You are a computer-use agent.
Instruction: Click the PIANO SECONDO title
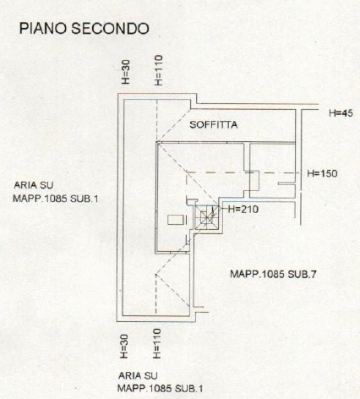[84, 29]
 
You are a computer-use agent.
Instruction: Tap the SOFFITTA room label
[213, 124]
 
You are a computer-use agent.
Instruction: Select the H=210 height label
[243, 209]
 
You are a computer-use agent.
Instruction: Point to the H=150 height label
[322, 173]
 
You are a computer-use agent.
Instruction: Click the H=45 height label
[341, 113]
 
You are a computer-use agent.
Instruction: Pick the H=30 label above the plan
[126, 72]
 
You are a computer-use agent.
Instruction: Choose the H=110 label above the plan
[159, 70]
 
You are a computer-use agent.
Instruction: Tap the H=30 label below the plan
[124, 347]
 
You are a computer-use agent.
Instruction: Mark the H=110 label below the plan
[157, 343]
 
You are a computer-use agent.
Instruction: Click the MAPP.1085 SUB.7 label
[273, 274]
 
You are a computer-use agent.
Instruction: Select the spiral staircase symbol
[207, 217]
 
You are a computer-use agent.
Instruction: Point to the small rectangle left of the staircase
[177, 220]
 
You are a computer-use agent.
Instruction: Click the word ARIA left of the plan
[26, 185]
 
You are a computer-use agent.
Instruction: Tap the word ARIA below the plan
[130, 375]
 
